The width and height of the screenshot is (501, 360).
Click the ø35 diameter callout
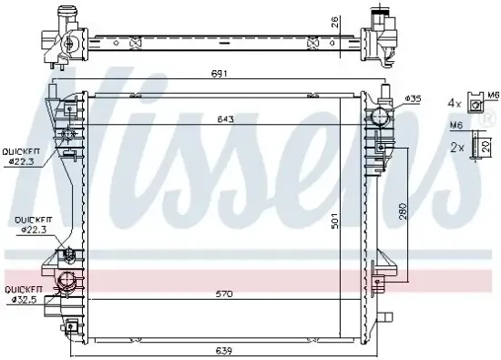tap(412, 98)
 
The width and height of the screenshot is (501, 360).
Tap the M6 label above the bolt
tap(457, 127)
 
